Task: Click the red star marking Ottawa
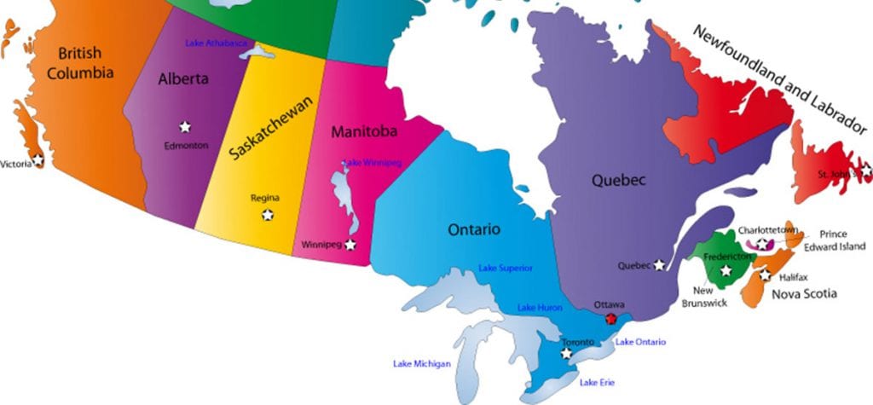(x=610, y=318)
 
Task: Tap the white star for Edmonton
(x=185, y=127)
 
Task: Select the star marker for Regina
(x=268, y=215)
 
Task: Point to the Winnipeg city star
(x=350, y=245)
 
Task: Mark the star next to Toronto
(x=566, y=353)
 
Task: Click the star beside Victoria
(x=38, y=159)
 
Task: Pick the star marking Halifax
(x=765, y=275)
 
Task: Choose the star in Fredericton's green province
(x=726, y=271)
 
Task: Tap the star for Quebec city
(x=659, y=265)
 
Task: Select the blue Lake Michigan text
(x=421, y=364)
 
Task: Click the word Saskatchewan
(x=272, y=128)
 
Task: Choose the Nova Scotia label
(x=804, y=294)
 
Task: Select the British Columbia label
(x=80, y=63)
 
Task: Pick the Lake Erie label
(x=597, y=382)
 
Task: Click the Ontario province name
(x=474, y=229)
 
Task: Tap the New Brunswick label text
(x=704, y=297)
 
